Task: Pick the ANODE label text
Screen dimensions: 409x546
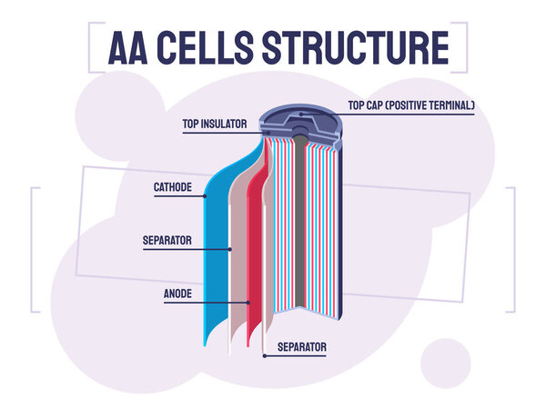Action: pos(177,294)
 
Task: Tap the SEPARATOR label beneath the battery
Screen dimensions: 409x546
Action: pos(301,347)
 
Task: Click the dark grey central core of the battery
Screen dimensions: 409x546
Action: pos(300,227)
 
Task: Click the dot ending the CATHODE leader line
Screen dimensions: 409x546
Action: pos(206,195)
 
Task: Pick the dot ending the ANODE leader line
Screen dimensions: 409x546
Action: pos(248,301)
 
